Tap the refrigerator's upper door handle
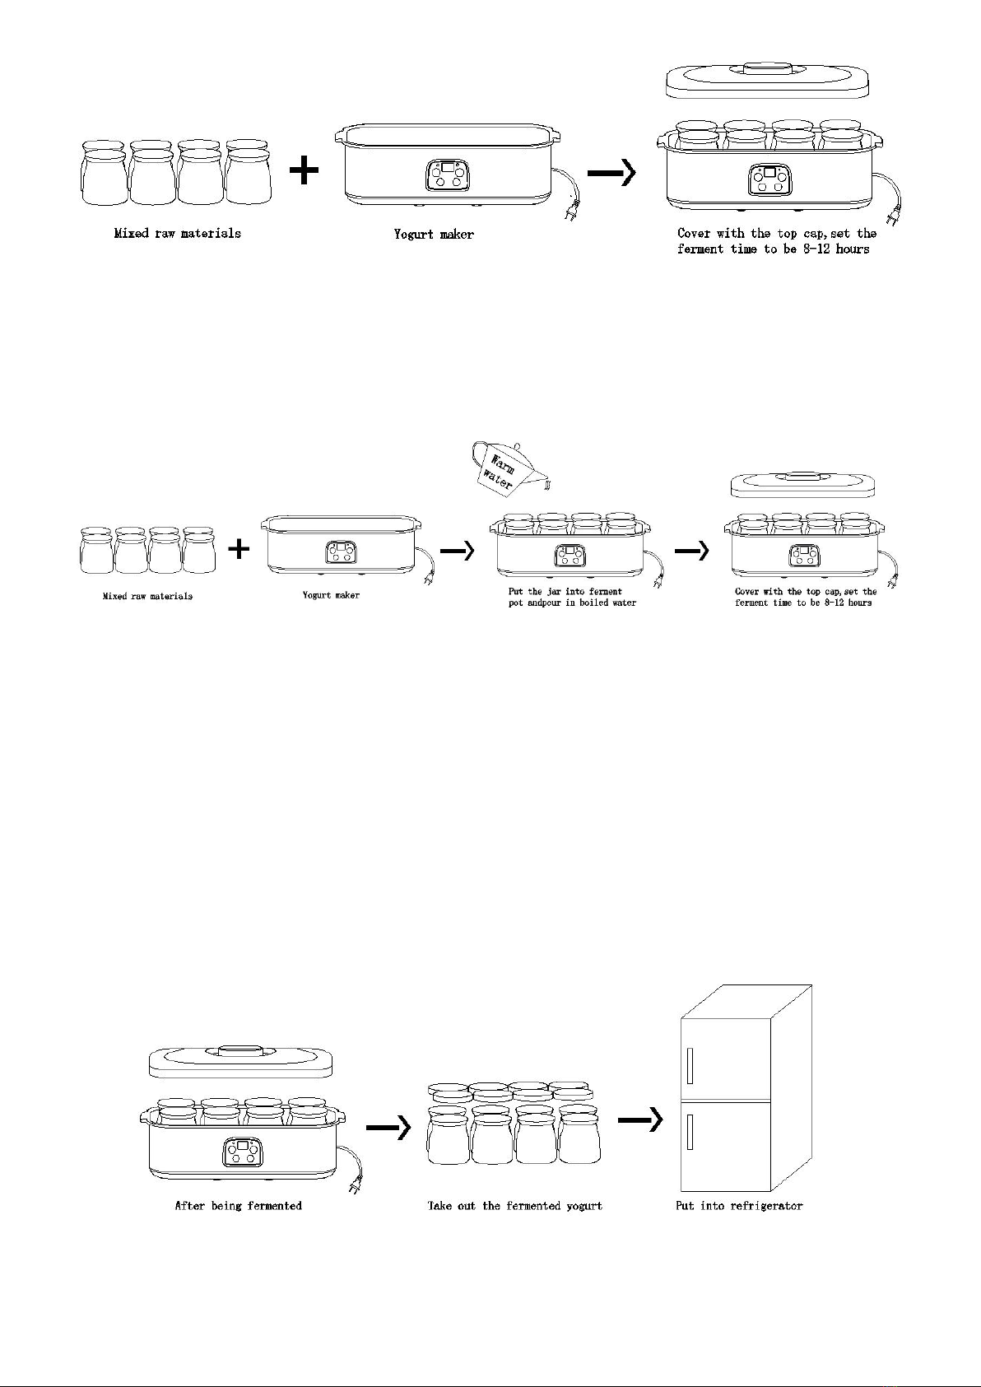point(690,1064)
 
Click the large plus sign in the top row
point(304,170)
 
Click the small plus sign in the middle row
point(239,548)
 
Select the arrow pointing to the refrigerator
point(640,1119)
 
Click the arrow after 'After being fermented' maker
point(388,1127)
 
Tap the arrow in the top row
point(611,171)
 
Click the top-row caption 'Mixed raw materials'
point(178,234)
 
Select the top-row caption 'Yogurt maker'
point(434,234)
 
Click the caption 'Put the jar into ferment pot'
point(565,591)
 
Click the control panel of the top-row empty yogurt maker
point(447,175)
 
